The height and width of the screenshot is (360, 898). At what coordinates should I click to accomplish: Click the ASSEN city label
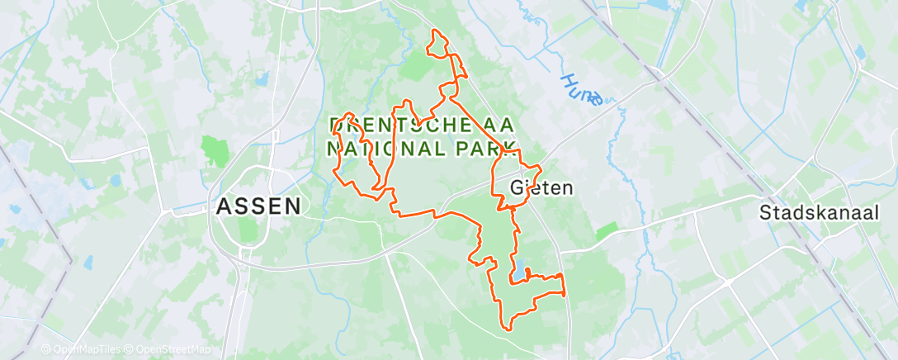tap(258, 206)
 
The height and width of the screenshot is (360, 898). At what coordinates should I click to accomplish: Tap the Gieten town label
tap(541, 188)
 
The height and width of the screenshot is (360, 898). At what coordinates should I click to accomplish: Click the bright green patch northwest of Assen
tap(215, 151)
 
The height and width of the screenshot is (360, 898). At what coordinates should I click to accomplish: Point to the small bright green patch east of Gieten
tap(607, 231)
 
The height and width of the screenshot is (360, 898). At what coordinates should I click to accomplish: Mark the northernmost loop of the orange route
tap(437, 44)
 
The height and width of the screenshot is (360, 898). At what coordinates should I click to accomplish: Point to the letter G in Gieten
tap(518, 188)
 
